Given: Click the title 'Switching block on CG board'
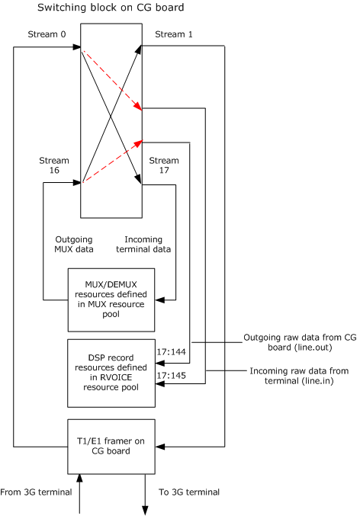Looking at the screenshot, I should (x=111, y=8).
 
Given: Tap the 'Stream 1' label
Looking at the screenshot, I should (x=173, y=34).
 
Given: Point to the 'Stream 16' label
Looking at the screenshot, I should (x=53, y=166).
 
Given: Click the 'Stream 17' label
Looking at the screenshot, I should (x=163, y=166).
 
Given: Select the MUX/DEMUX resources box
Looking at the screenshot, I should (x=111, y=294).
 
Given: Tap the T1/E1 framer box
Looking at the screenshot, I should (x=111, y=445).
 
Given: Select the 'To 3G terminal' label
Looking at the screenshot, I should (x=188, y=492).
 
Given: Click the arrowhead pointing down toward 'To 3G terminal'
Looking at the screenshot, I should (x=144, y=508).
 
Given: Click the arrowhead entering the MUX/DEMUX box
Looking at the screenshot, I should (x=159, y=300).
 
